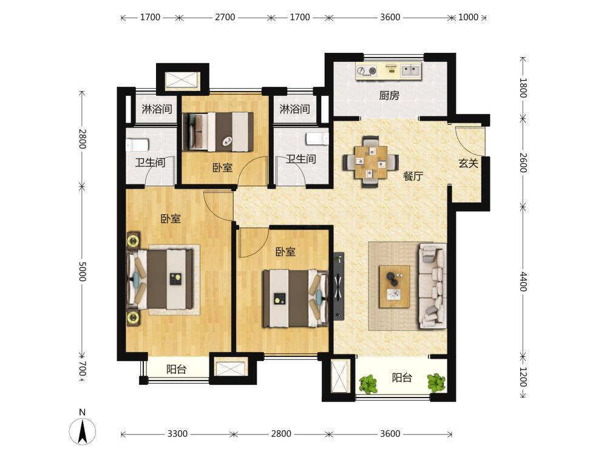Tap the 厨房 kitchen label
pyautogui.click(x=389, y=95)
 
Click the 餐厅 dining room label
pyautogui.click(x=413, y=176)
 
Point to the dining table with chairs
pyautogui.click(x=370, y=162)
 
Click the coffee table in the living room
pyautogui.click(x=395, y=286)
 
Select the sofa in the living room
pyautogui.click(x=432, y=286)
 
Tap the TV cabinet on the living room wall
pyautogui.click(x=339, y=286)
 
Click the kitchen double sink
pyautogui.click(x=410, y=70)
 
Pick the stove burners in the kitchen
pyautogui.click(x=367, y=71)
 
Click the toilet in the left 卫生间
pyautogui.click(x=137, y=145)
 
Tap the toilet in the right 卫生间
pyautogui.click(x=317, y=139)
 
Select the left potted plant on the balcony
pyautogui.click(x=368, y=384)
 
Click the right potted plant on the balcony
pyautogui.click(x=436, y=382)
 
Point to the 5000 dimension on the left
pyautogui.click(x=82, y=271)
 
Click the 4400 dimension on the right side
pyautogui.click(x=523, y=282)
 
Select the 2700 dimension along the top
pyautogui.click(x=225, y=17)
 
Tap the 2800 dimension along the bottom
pyautogui.click(x=281, y=433)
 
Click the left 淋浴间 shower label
pyautogui.click(x=157, y=109)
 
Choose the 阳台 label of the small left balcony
pyautogui.click(x=177, y=369)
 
